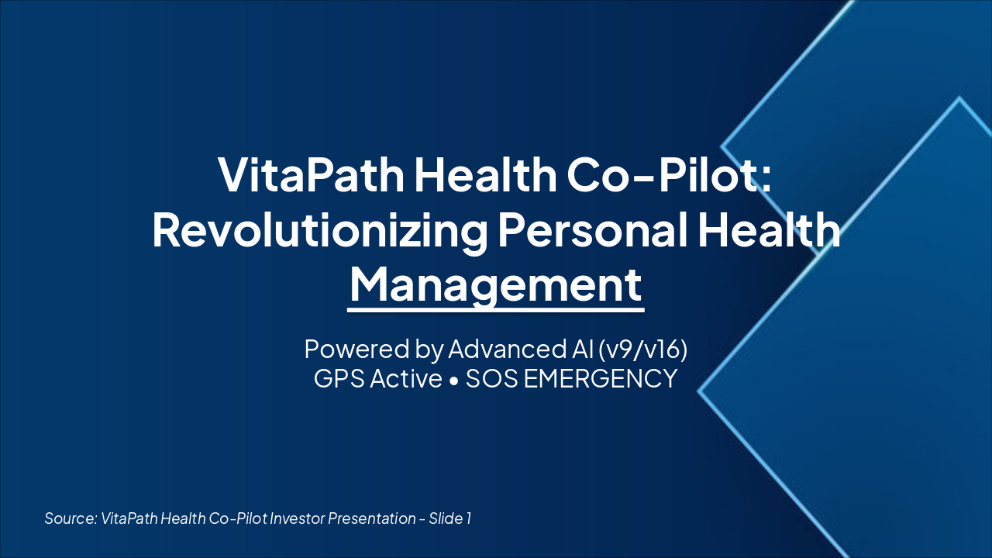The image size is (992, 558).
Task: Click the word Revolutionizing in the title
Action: point(319,231)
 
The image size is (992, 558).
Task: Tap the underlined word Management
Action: point(496,284)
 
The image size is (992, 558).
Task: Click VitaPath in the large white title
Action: point(310,175)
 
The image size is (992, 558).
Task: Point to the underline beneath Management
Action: point(496,310)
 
